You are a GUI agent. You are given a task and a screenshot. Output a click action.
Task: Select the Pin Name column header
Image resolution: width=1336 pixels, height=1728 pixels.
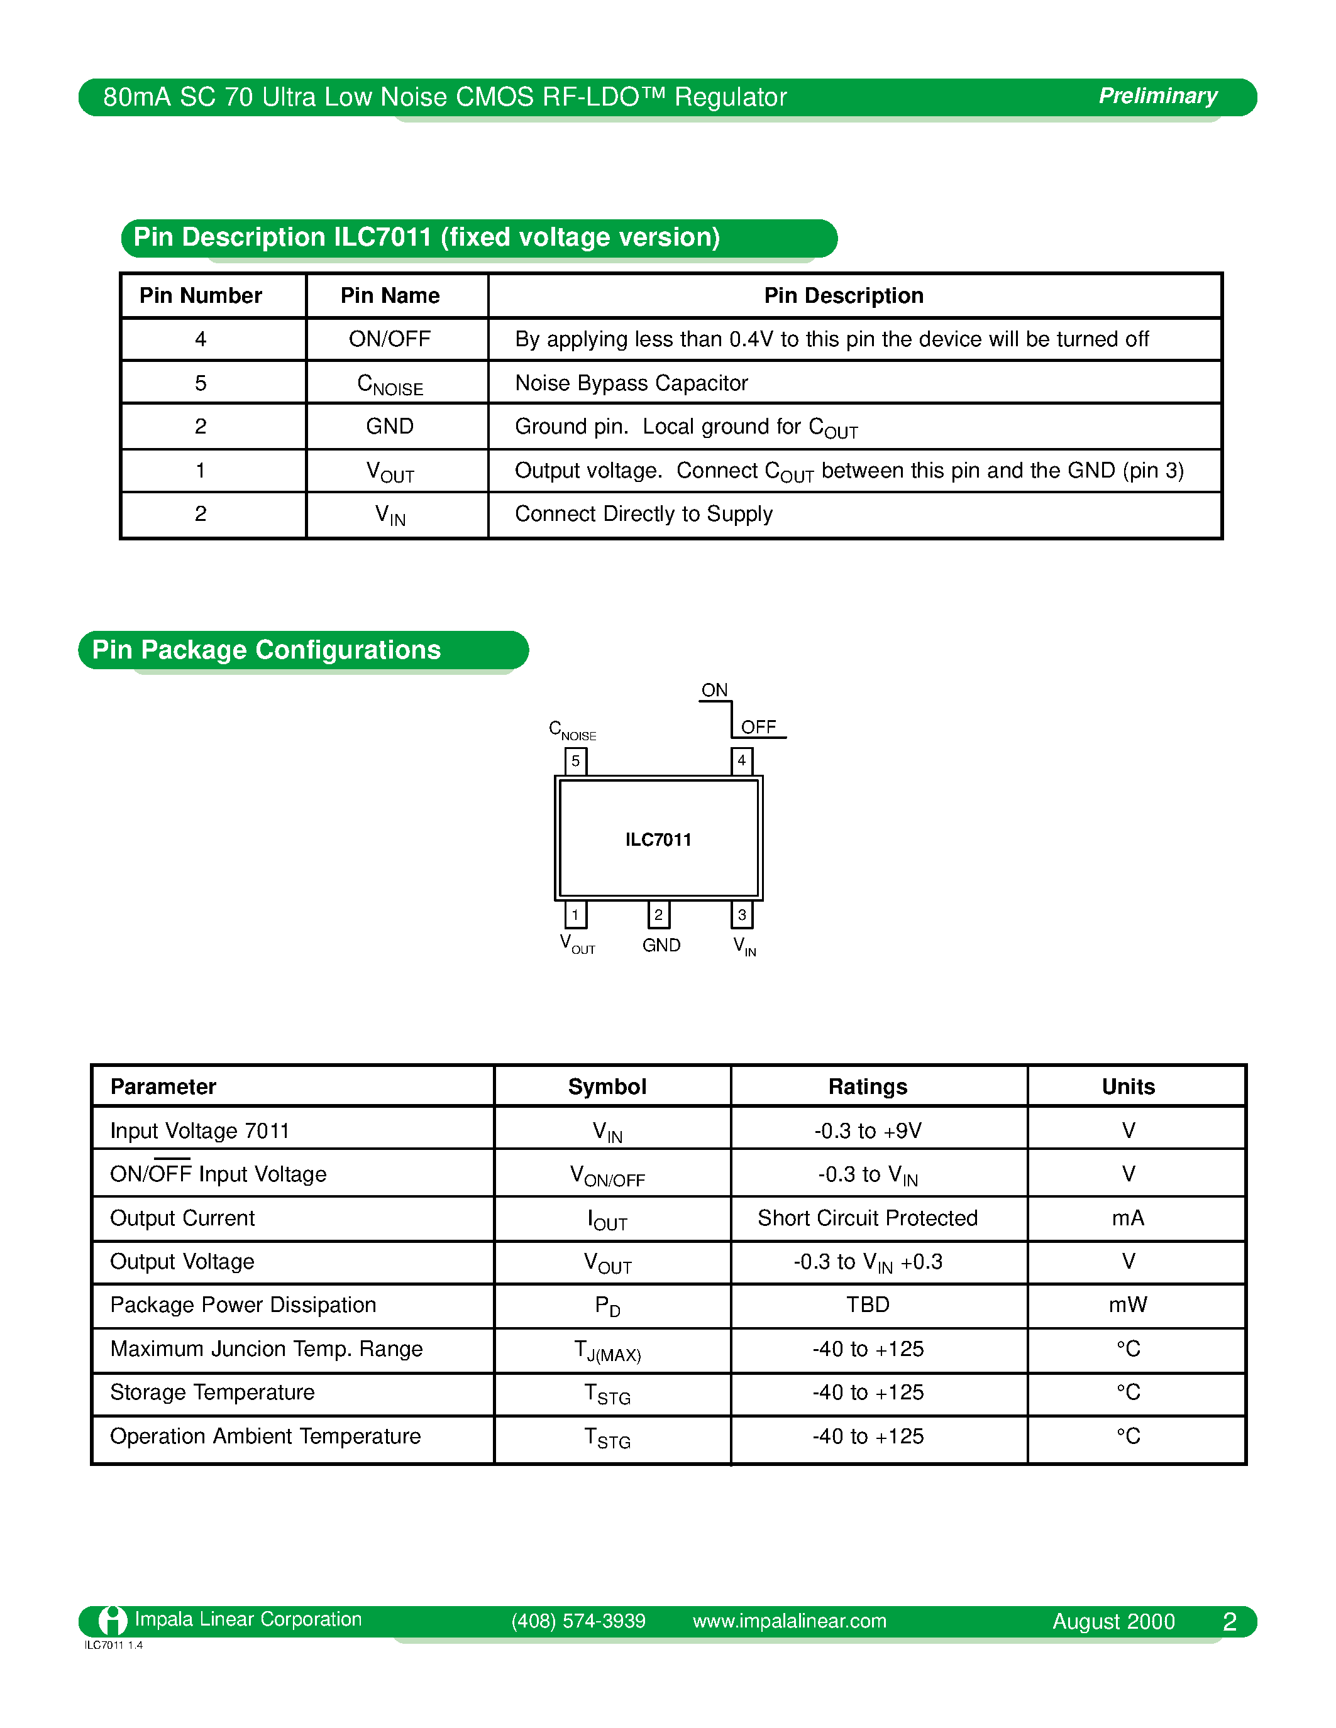point(389,295)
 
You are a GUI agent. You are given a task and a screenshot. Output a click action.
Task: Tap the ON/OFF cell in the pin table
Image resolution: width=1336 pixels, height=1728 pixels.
point(389,339)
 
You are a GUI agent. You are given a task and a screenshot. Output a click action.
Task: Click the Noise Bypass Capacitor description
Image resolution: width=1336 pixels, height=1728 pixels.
point(631,383)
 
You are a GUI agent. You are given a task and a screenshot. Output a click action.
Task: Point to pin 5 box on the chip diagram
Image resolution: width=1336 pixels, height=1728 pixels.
point(575,760)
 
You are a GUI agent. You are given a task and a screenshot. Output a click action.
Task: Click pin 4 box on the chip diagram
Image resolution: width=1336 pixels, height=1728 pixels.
point(742,760)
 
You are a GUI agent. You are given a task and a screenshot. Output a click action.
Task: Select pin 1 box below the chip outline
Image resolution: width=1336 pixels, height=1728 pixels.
point(575,915)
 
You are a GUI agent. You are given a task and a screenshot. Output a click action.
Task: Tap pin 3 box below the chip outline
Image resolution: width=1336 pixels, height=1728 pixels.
point(742,915)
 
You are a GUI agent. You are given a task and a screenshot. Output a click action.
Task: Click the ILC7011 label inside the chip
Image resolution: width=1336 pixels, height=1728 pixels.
point(658,839)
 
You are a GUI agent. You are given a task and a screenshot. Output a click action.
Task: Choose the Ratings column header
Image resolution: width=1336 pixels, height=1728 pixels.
point(868,1086)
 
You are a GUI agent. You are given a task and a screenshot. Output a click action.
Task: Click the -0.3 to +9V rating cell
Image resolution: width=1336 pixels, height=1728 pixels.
point(868,1130)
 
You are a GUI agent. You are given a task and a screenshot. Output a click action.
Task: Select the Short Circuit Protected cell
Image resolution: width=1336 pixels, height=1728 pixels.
point(868,1218)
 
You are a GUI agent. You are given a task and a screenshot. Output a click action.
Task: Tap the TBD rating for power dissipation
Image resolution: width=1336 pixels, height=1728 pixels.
point(868,1304)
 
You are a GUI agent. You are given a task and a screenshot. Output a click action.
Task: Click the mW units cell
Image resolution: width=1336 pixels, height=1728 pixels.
point(1128,1304)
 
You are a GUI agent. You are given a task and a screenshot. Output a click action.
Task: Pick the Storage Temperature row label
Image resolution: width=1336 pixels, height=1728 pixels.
point(212,1392)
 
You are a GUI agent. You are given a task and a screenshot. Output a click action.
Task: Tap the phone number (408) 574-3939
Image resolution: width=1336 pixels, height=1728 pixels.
point(578,1621)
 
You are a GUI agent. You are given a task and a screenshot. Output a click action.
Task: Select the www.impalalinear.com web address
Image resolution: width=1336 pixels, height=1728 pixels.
point(789,1621)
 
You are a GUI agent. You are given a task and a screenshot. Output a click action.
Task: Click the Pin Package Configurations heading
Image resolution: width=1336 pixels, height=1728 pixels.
point(266,650)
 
